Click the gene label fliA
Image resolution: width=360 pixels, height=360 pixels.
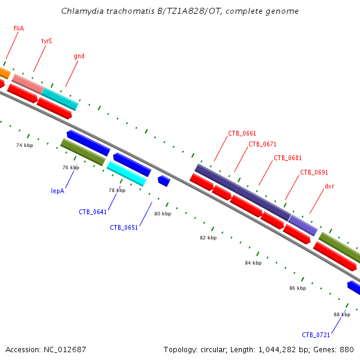(19, 28)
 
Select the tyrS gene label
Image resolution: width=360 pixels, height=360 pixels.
(46, 41)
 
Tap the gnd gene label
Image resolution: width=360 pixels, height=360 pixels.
(79, 56)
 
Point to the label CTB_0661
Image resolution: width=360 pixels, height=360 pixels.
(242, 133)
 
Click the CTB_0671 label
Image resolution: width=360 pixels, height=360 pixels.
(262, 144)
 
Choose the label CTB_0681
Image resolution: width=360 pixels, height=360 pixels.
(287, 158)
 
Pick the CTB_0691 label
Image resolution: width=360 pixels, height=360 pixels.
(314, 172)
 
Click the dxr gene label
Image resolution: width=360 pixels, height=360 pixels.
(329, 186)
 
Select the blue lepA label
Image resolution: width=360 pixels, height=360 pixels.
(58, 191)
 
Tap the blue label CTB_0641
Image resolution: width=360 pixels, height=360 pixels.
(92, 212)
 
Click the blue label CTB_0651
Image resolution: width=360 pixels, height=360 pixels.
(124, 227)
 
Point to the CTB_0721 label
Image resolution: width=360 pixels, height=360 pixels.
(316, 335)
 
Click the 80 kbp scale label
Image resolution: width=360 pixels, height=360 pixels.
(163, 214)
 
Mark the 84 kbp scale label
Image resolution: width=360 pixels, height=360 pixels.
(253, 263)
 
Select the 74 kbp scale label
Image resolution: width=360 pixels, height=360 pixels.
(25, 145)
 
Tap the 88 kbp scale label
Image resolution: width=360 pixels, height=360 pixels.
(342, 314)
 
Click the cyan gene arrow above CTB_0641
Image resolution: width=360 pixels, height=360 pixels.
(127, 173)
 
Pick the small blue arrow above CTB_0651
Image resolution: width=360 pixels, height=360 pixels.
(164, 181)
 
